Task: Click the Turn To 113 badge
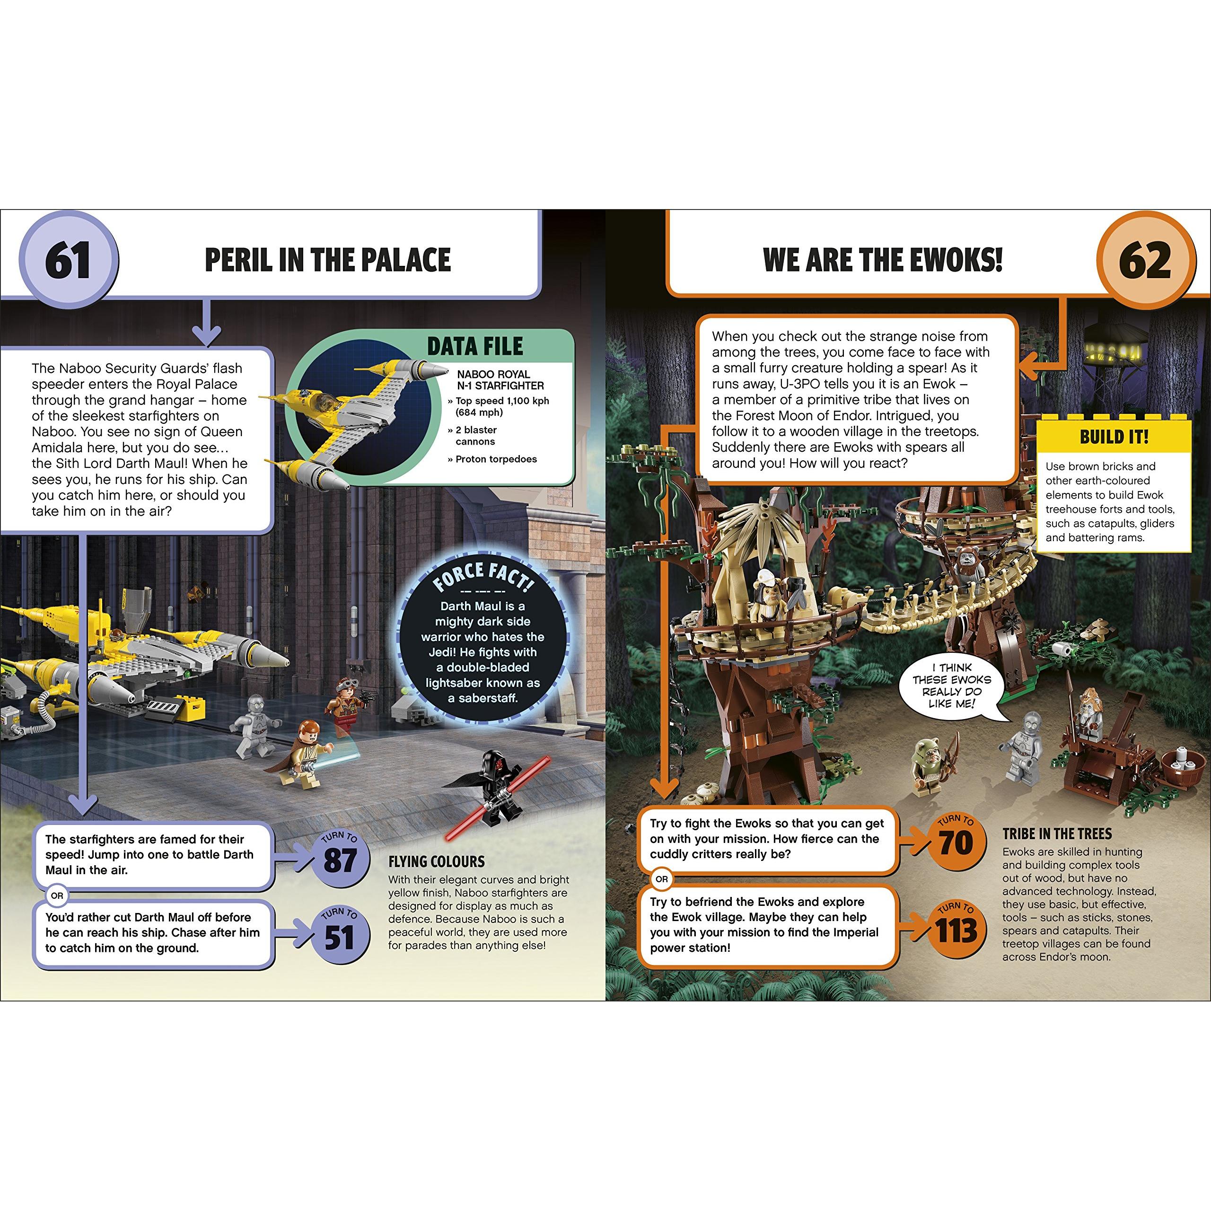[x=955, y=929]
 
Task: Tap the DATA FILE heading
[x=474, y=346]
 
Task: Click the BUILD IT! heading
[x=1114, y=437]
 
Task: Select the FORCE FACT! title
[x=483, y=577]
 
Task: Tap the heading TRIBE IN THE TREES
[x=1057, y=834]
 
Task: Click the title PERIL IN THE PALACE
[x=328, y=260]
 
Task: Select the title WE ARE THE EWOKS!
[x=883, y=260]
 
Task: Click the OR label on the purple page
[x=57, y=895]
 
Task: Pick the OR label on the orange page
[x=662, y=879]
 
